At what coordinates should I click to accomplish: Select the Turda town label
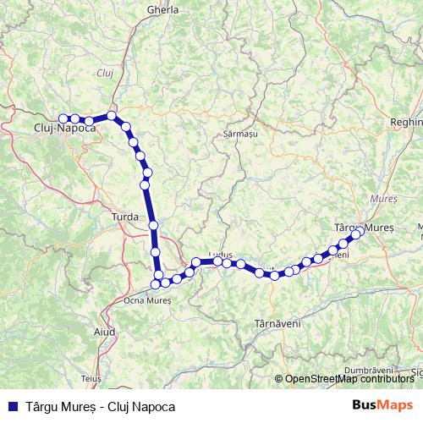124,217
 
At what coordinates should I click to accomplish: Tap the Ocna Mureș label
147,299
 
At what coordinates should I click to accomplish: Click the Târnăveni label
274,323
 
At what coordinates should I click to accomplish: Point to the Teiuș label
91,378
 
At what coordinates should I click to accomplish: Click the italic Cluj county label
106,73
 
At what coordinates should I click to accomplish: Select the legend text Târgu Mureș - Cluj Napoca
100,406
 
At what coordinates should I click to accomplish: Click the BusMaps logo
382,405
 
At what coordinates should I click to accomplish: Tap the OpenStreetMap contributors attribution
349,379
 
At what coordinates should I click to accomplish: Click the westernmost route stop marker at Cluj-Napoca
63,118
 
